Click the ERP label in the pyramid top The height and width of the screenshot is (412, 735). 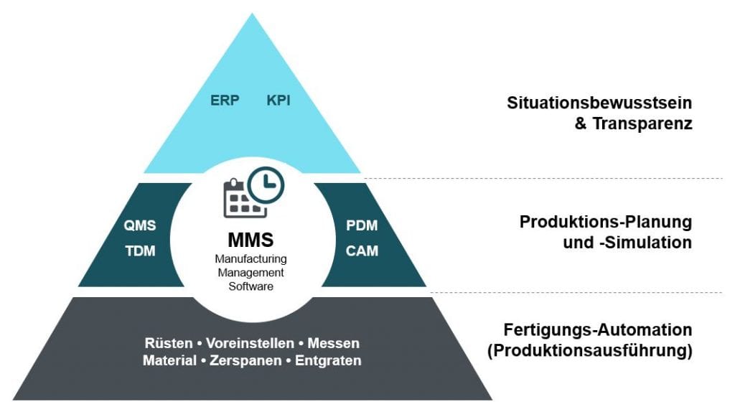coord(225,100)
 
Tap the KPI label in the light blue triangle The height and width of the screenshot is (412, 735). coord(279,100)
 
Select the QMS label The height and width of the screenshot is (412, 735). coord(139,225)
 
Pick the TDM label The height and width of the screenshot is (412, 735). coord(139,251)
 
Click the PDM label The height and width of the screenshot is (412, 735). coord(362,225)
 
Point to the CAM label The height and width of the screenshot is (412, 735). coord(362,251)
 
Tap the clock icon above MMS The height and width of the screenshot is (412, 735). coord(266,184)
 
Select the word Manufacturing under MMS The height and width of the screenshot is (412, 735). coord(250,258)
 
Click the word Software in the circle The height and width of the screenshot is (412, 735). coord(250,286)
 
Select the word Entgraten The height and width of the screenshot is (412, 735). coord(334,360)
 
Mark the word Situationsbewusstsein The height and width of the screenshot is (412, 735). coord(600,103)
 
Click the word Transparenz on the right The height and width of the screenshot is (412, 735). coord(642,123)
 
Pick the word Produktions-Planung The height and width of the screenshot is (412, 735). coord(606,222)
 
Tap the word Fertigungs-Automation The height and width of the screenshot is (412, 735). coord(598,330)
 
